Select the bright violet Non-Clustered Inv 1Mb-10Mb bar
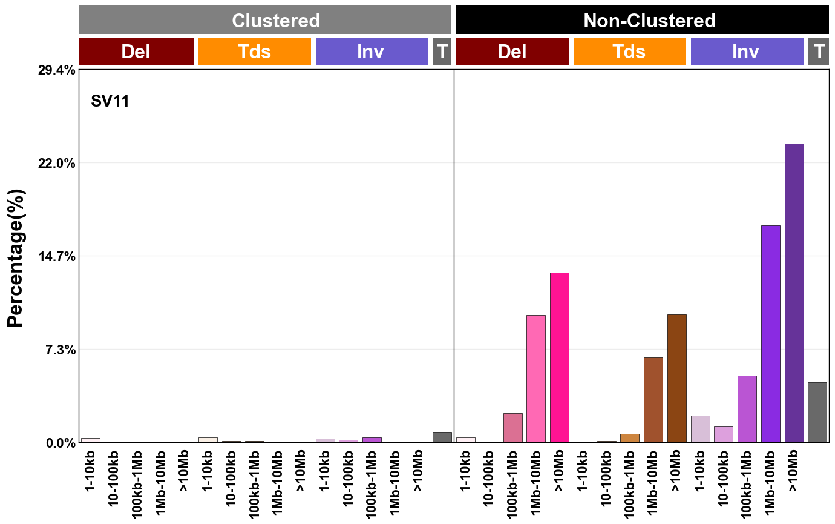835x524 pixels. coord(770,334)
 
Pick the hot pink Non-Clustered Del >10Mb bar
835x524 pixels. coord(560,357)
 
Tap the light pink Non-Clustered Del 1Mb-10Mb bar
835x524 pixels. coord(536,379)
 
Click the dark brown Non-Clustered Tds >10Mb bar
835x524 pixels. coord(676,379)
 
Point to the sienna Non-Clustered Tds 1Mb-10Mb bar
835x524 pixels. coord(653,400)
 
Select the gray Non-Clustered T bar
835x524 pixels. coord(817,412)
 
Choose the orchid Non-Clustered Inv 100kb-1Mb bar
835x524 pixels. coord(747,409)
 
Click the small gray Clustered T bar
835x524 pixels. coord(442,437)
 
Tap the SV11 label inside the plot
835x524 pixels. coord(110,101)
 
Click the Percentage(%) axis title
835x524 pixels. coord(16,257)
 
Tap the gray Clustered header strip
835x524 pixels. coord(265,21)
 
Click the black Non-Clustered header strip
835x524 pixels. coord(642,21)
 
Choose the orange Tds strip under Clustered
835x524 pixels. coord(255,51)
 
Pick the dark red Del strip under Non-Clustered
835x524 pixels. coord(512,51)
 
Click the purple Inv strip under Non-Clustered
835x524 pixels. coord(747,51)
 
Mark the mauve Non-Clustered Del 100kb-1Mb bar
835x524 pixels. coord(512,428)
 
